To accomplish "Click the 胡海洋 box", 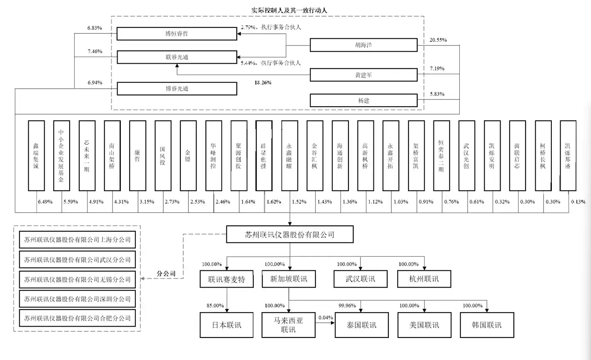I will tap(363, 45).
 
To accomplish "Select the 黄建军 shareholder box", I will tap(363, 75).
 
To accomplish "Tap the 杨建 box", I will tap(363, 100).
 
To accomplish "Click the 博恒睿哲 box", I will tap(177, 34).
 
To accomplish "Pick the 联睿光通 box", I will tap(177, 57).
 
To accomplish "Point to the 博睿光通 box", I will tap(177, 89).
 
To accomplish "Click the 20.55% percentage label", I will tap(438, 40).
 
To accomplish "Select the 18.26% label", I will tap(263, 82).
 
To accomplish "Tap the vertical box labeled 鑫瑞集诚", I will tap(36, 155).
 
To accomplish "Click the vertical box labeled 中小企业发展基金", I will tap(62, 155).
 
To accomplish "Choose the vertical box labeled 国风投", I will tap(163, 155).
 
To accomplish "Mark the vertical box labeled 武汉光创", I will tap(467, 155).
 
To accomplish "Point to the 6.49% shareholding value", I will tap(45, 202).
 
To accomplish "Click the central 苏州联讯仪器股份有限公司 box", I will tap(290, 235).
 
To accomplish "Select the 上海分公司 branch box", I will tap(78, 240).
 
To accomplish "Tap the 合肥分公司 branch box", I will tap(78, 318).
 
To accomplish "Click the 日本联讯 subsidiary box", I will tap(227, 325).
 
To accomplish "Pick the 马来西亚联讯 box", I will tap(288, 325).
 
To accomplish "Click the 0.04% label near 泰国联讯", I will tap(326, 317).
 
